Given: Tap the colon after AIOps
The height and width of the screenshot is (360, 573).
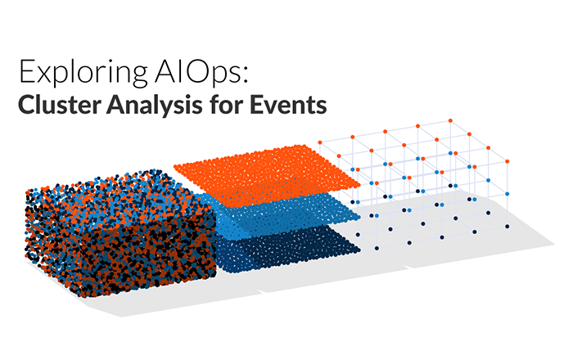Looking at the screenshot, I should pyautogui.click(x=241, y=75).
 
